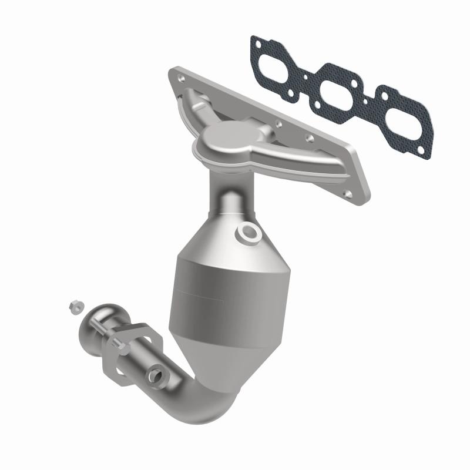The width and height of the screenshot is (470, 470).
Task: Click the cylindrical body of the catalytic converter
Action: tap(203, 294)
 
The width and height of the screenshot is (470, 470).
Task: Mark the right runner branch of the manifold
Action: tap(282, 150)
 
